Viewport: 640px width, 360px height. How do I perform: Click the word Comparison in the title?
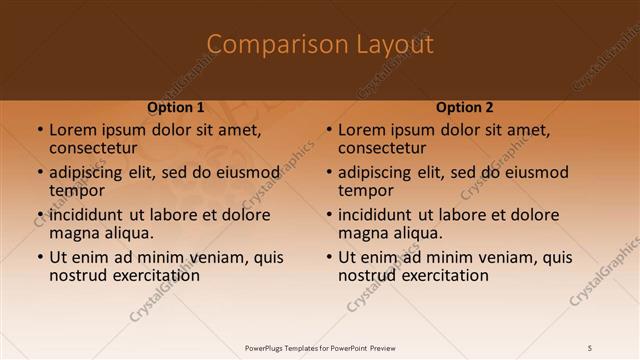(271, 45)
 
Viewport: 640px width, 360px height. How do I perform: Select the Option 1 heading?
(176, 107)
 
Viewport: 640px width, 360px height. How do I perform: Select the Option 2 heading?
(465, 107)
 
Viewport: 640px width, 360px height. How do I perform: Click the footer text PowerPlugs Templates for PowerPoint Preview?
(320, 348)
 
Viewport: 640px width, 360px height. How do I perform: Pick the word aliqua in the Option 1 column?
(129, 233)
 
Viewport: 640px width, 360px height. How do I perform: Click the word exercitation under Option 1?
(155, 275)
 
